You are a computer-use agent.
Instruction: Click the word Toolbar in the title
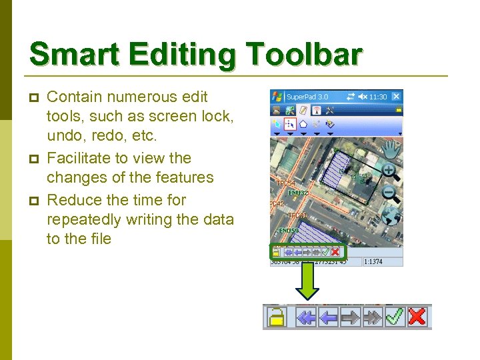tap(304, 55)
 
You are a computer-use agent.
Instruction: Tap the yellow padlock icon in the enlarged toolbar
tap(275, 317)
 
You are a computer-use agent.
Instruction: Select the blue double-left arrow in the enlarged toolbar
tap(306, 317)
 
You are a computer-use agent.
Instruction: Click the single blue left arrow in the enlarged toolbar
tap(328, 317)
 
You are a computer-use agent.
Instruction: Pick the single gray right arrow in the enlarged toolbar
tap(350, 317)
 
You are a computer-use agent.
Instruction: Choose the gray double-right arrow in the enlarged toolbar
tap(372, 317)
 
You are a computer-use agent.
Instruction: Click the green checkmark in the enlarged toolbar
tap(395, 317)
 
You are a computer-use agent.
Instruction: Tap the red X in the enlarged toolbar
tap(417, 317)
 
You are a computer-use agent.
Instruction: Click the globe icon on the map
tap(392, 217)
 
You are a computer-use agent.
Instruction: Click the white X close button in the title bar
tap(396, 96)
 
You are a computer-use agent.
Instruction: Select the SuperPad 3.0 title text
tap(308, 97)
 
